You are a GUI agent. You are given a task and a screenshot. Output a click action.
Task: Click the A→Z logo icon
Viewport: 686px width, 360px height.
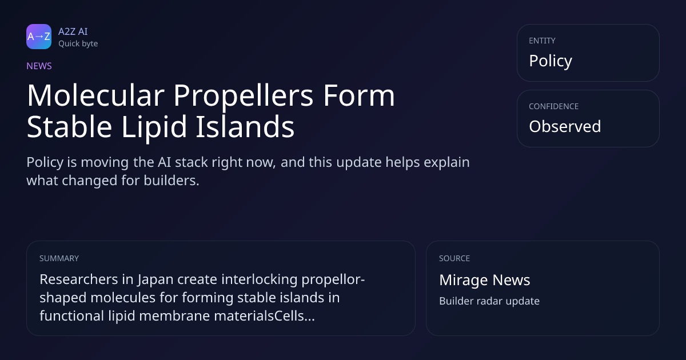39,37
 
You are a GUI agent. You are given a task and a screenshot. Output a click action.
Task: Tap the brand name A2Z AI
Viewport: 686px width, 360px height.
73,31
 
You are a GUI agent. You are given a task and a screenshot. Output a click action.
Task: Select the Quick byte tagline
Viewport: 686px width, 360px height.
78,44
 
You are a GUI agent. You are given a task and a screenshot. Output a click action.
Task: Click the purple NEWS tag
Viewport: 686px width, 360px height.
39,66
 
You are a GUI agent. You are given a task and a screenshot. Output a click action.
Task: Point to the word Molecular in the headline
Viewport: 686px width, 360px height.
96,95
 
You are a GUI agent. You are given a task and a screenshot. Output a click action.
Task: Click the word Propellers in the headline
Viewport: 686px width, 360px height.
244,97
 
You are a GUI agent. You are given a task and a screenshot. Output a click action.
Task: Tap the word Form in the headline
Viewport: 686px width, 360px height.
359,95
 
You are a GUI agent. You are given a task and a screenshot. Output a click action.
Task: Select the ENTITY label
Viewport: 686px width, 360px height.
542,41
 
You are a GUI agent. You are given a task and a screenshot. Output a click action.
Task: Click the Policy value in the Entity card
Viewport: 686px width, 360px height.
551,61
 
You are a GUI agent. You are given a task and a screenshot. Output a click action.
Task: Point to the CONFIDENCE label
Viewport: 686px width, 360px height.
554,106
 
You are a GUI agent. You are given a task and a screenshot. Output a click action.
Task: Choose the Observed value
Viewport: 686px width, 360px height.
565,126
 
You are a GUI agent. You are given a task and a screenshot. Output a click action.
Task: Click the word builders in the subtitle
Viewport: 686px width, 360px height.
171,181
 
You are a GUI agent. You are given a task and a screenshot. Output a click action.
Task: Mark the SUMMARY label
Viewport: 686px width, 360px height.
59,258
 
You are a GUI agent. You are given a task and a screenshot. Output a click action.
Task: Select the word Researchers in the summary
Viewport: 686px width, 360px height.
79,279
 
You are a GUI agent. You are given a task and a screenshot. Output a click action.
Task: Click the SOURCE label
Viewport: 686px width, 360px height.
454,258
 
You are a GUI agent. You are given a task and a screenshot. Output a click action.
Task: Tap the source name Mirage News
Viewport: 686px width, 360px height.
485,280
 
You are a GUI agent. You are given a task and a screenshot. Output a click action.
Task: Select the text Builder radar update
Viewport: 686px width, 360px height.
489,301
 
